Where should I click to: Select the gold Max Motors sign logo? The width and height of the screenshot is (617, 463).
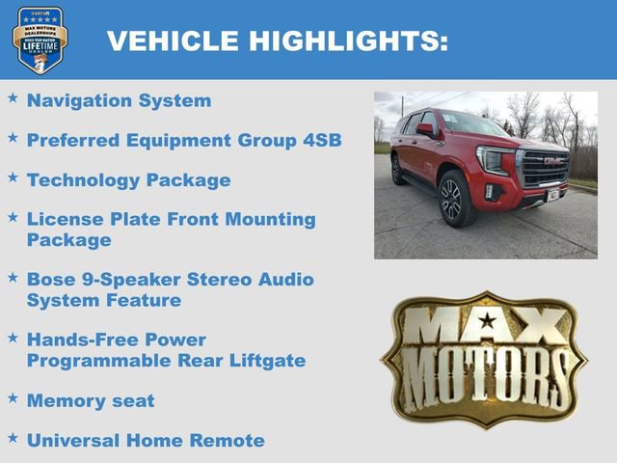pos(483,360)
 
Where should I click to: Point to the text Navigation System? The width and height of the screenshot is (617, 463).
pos(119,100)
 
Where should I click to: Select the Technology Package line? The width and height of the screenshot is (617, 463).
pos(128,180)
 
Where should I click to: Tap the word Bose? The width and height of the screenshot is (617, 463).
pos(54,280)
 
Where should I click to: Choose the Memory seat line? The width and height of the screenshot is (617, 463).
pos(91,400)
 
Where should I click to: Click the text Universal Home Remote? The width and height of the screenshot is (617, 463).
pos(146,441)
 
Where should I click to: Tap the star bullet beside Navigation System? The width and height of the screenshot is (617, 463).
pos(13,98)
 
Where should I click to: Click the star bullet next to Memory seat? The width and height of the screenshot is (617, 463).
pos(13,398)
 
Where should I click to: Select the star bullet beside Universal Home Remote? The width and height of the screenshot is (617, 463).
pos(13,439)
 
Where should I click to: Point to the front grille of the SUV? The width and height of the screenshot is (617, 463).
pos(545,168)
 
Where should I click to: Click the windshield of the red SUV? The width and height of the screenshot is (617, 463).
pos(471,124)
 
